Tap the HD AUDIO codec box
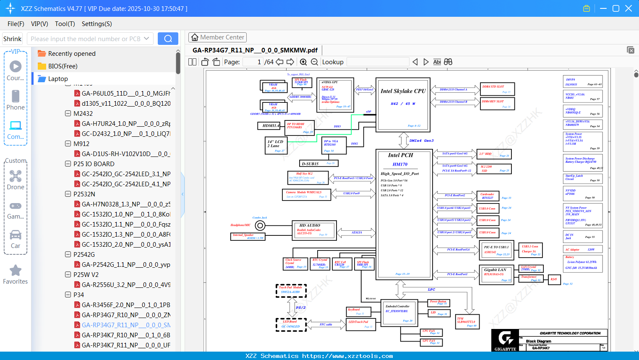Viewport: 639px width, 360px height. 315,230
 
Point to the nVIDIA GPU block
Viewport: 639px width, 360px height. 335,95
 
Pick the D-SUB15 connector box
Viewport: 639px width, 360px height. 319,164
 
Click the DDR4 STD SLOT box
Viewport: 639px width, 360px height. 497,89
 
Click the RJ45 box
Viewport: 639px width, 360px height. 554,279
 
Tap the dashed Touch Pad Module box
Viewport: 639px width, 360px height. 291,290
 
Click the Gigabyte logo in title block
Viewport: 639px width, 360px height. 505,340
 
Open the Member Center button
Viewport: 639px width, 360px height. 217,37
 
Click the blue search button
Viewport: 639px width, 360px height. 168,39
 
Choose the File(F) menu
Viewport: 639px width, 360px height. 16,24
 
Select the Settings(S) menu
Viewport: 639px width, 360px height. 97,24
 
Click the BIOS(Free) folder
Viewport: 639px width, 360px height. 63,66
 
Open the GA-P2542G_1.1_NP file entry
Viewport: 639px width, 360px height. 125,265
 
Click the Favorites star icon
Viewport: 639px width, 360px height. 16,271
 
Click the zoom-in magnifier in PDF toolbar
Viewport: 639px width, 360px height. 303,62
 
